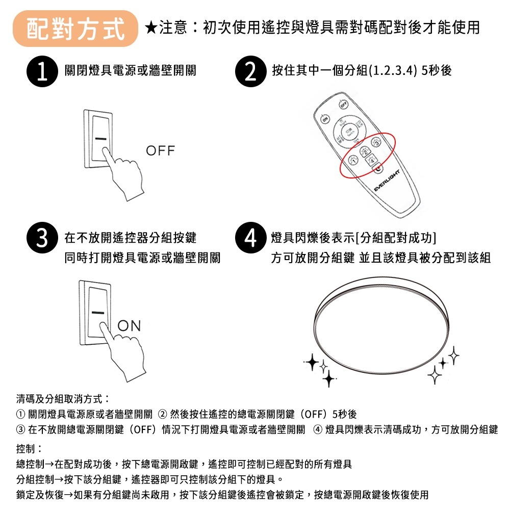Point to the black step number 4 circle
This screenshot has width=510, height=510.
pyautogui.click(x=251, y=238)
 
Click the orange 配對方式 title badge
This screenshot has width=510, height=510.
pyautogui.click(x=75, y=27)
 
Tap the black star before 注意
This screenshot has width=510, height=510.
pyautogui.click(x=151, y=27)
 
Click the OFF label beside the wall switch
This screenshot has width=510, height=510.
pyautogui.click(x=160, y=151)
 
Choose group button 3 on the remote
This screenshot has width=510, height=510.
pyautogui.click(x=376, y=143)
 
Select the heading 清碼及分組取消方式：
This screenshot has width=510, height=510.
pyautogui.click(x=64, y=397)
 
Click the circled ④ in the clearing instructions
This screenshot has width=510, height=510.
pyautogui.click(x=318, y=429)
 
